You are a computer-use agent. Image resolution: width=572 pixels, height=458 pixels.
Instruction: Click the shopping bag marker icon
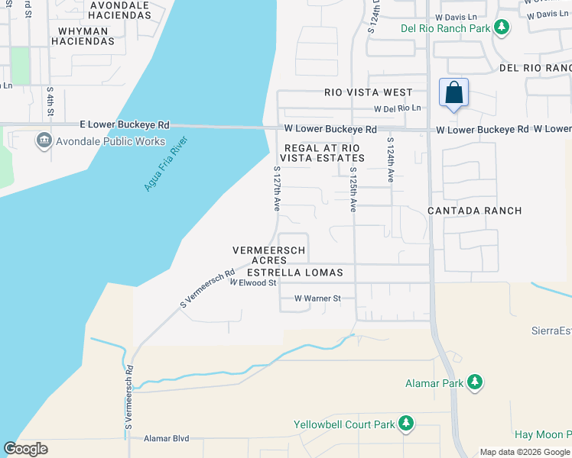click(453, 92)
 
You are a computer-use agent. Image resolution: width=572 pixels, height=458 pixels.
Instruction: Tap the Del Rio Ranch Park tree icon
click(501, 29)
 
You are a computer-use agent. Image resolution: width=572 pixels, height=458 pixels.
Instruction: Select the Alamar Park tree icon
click(475, 381)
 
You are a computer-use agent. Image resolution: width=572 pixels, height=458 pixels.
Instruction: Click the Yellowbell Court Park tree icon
click(406, 423)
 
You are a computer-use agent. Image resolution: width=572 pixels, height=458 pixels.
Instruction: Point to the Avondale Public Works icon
click(43, 140)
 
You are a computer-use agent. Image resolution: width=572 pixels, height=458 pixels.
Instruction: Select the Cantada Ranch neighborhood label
click(474, 211)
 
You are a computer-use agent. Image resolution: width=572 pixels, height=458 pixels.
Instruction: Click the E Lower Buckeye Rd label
click(125, 124)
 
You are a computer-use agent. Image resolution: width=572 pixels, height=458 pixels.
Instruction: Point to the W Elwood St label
click(252, 283)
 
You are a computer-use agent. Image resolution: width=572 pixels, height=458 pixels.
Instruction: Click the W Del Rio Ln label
click(397, 108)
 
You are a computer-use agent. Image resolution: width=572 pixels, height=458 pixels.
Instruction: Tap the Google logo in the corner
click(25, 449)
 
